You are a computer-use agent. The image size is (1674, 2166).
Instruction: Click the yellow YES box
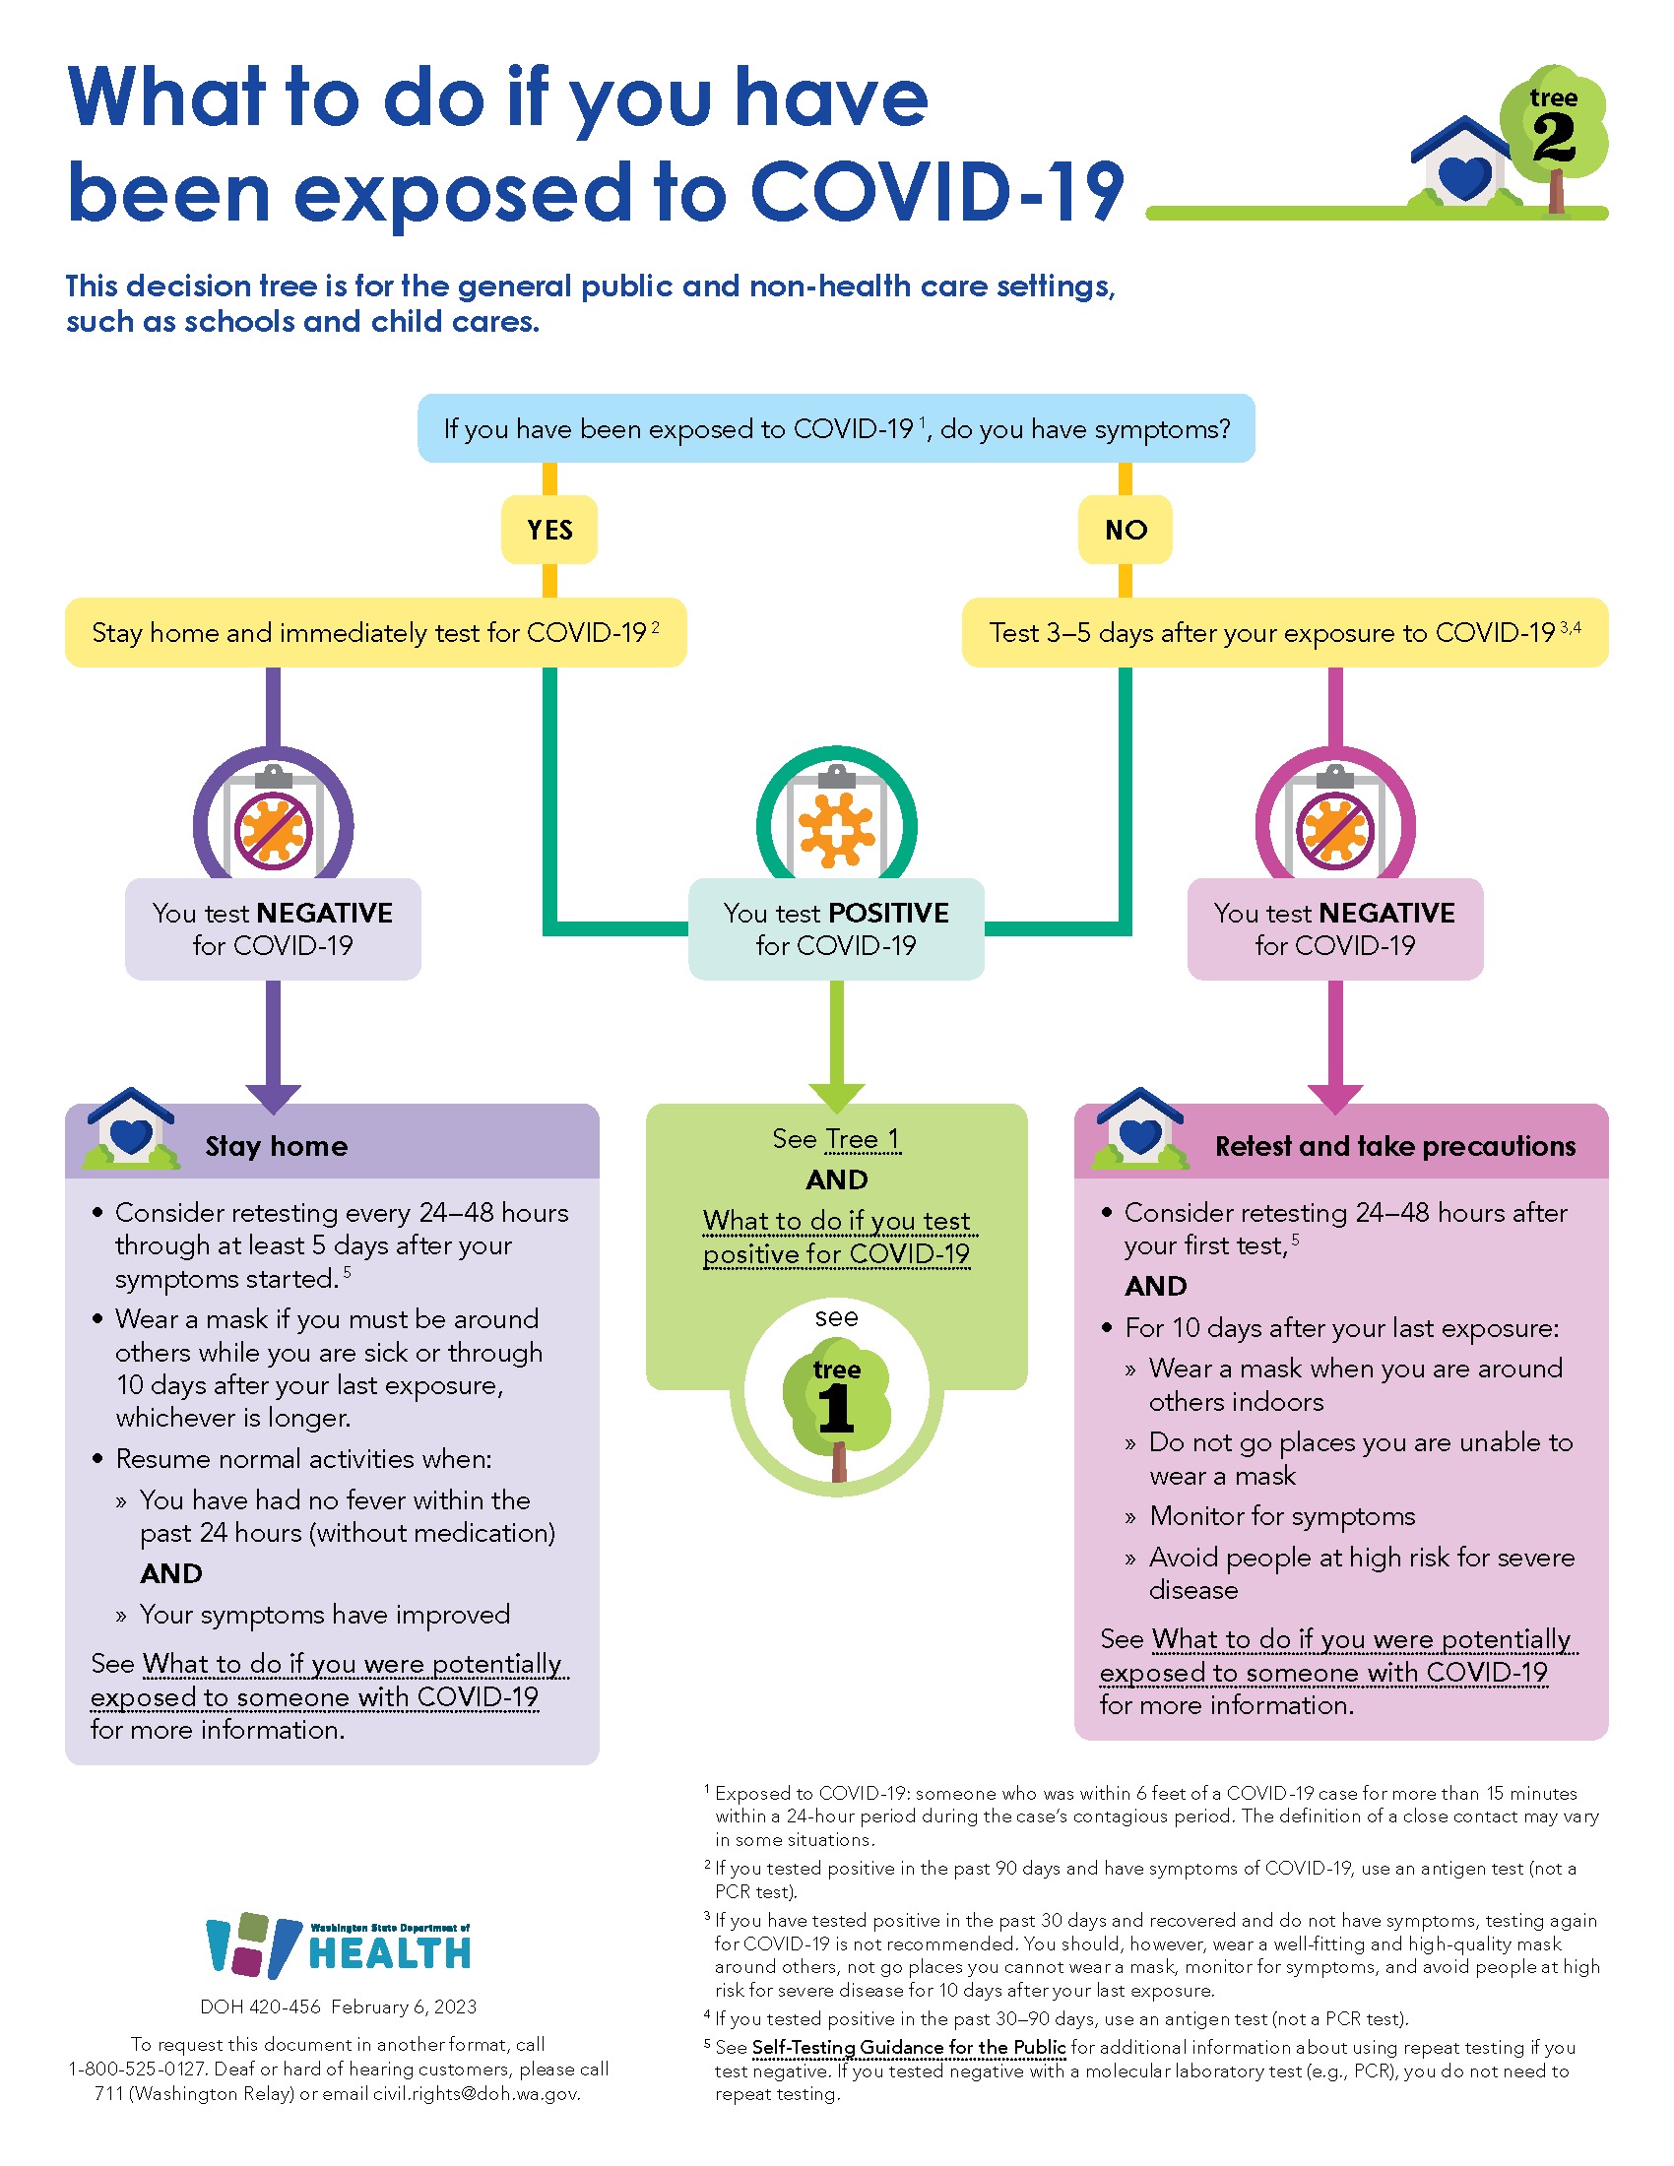pos(549,530)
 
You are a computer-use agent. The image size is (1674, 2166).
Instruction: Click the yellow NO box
pos(1126,530)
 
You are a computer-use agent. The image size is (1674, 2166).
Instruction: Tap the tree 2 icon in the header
pos(1553,129)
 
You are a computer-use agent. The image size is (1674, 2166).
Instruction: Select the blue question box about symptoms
pos(836,428)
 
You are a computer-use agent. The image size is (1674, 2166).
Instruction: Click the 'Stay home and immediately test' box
pos(375,633)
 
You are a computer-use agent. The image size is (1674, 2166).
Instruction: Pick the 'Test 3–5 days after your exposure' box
pos(1284,633)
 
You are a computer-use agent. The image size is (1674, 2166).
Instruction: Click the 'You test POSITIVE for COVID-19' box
pos(836,929)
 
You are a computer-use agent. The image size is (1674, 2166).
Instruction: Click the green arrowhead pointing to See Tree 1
pos(836,1098)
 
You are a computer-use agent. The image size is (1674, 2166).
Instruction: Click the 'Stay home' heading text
pos(277,1146)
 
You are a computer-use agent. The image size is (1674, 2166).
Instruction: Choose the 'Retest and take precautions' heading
pos(1394,1146)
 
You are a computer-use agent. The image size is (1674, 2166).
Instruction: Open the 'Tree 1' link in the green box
pos(862,1139)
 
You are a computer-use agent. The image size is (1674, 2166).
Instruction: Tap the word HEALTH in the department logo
pos(390,1953)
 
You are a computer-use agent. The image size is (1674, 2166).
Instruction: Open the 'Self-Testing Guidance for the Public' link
pos(909,2047)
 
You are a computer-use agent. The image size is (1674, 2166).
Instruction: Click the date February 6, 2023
pos(404,2007)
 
